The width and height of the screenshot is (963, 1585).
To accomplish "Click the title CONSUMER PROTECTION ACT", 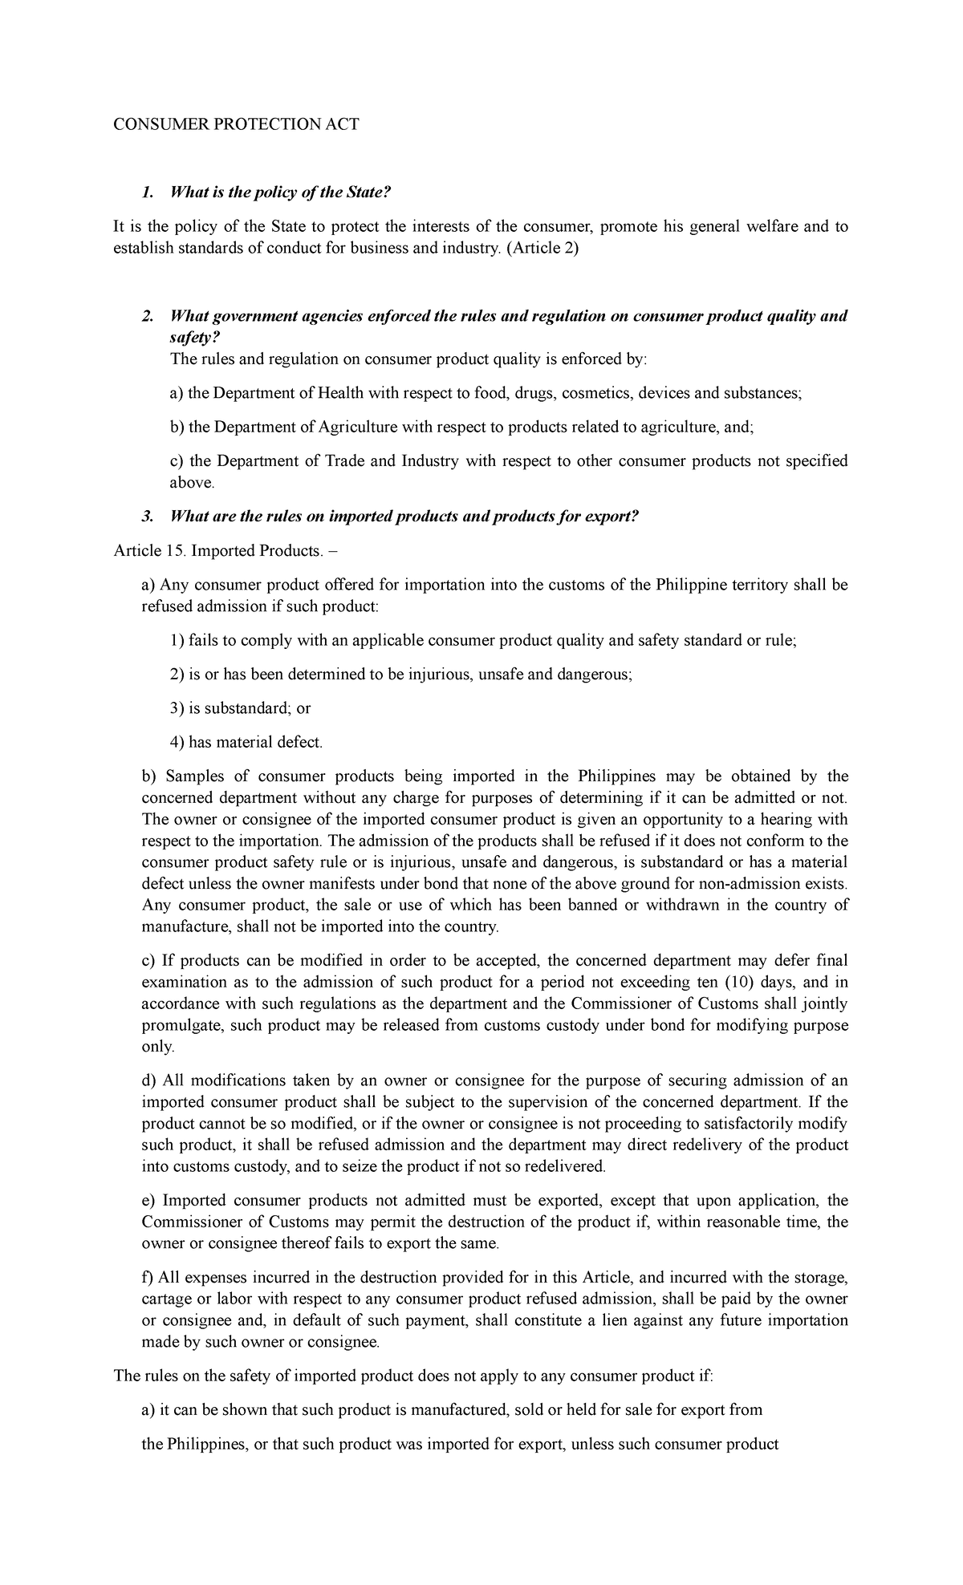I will pyautogui.click(x=235, y=124).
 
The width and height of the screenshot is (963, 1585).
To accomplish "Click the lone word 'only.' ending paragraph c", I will pyautogui.click(x=157, y=1047).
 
